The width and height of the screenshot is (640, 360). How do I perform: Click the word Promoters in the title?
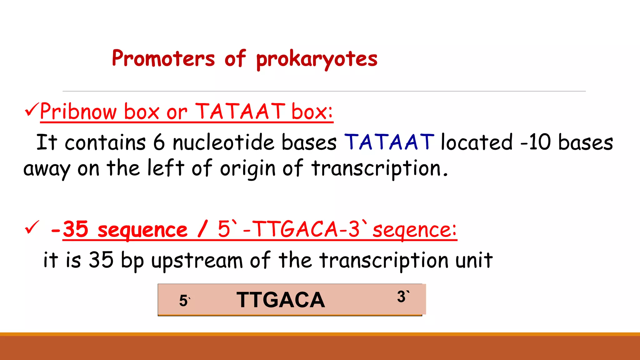click(x=163, y=58)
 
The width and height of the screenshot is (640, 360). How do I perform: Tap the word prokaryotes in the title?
click(x=317, y=59)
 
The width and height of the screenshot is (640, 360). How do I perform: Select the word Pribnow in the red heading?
click(x=78, y=112)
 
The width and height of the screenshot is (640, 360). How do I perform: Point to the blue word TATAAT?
click(x=389, y=142)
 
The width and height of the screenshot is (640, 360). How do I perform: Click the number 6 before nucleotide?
click(x=159, y=142)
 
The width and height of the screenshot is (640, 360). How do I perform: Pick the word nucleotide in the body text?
click(x=223, y=142)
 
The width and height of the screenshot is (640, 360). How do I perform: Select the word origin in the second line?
click(x=247, y=169)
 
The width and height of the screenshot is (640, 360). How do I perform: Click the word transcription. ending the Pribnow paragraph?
click(x=380, y=169)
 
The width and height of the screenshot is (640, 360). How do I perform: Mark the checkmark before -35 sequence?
click(x=32, y=227)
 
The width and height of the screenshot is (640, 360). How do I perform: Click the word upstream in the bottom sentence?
click(x=197, y=260)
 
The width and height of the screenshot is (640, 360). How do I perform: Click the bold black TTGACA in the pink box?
click(x=280, y=300)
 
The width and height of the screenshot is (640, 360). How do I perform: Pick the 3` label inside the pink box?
click(x=403, y=297)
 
